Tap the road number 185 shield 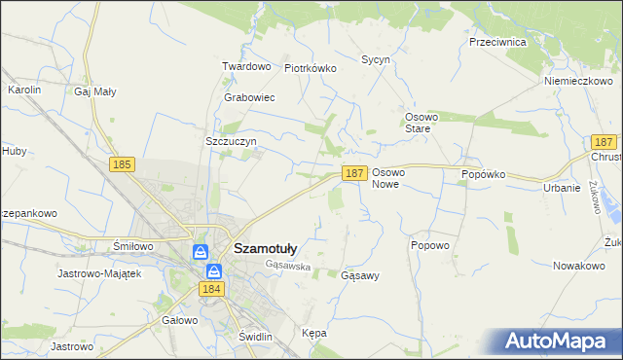pyautogui.click(x=122, y=165)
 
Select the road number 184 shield pyautogui.click(x=212, y=289)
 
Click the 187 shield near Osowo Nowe pyautogui.click(x=354, y=173)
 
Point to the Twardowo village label pyautogui.click(x=246, y=66)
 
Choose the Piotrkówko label pyautogui.click(x=310, y=68)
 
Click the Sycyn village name pyautogui.click(x=376, y=59)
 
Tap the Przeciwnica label pyautogui.click(x=497, y=43)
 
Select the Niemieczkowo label pyautogui.click(x=577, y=81)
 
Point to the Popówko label pyautogui.click(x=484, y=174)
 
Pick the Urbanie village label pyautogui.click(x=562, y=188)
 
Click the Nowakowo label pyautogui.click(x=579, y=265)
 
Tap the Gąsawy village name pyautogui.click(x=360, y=275)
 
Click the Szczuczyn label pyautogui.click(x=231, y=141)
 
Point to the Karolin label pyautogui.click(x=24, y=90)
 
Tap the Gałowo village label pyautogui.click(x=180, y=319)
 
